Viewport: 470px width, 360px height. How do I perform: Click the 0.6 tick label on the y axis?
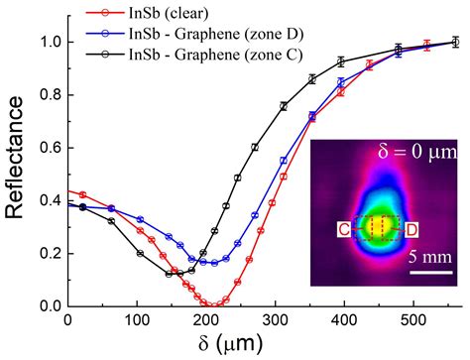click(x=47, y=148)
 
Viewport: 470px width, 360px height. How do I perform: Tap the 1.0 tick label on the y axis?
click(x=47, y=43)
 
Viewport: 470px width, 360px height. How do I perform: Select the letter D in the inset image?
click(x=411, y=231)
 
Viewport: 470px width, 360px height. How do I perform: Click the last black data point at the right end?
click(x=455, y=43)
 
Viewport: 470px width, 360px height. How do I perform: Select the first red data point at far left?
click(x=83, y=195)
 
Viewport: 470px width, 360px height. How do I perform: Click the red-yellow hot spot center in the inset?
click(x=376, y=227)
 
